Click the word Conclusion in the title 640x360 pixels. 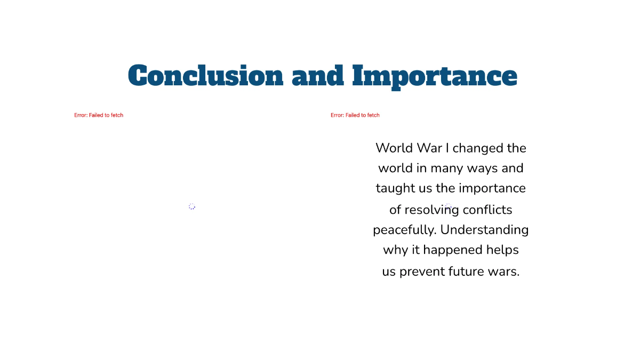(205, 76)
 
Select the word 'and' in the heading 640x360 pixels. (318, 76)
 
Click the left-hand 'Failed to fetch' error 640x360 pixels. (99, 115)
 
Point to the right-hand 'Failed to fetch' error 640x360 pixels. (355, 115)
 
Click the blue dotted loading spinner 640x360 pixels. (192, 206)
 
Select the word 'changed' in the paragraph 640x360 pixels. (477, 148)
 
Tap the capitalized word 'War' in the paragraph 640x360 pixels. (429, 148)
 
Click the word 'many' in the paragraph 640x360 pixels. (447, 169)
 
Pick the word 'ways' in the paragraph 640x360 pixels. (483, 169)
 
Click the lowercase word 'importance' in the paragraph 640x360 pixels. (492, 189)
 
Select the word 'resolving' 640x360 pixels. (431, 210)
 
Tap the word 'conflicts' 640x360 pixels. (487, 210)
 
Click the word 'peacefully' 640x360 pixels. (404, 230)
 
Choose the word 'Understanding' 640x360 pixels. (484, 230)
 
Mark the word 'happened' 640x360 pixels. (453, 251)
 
